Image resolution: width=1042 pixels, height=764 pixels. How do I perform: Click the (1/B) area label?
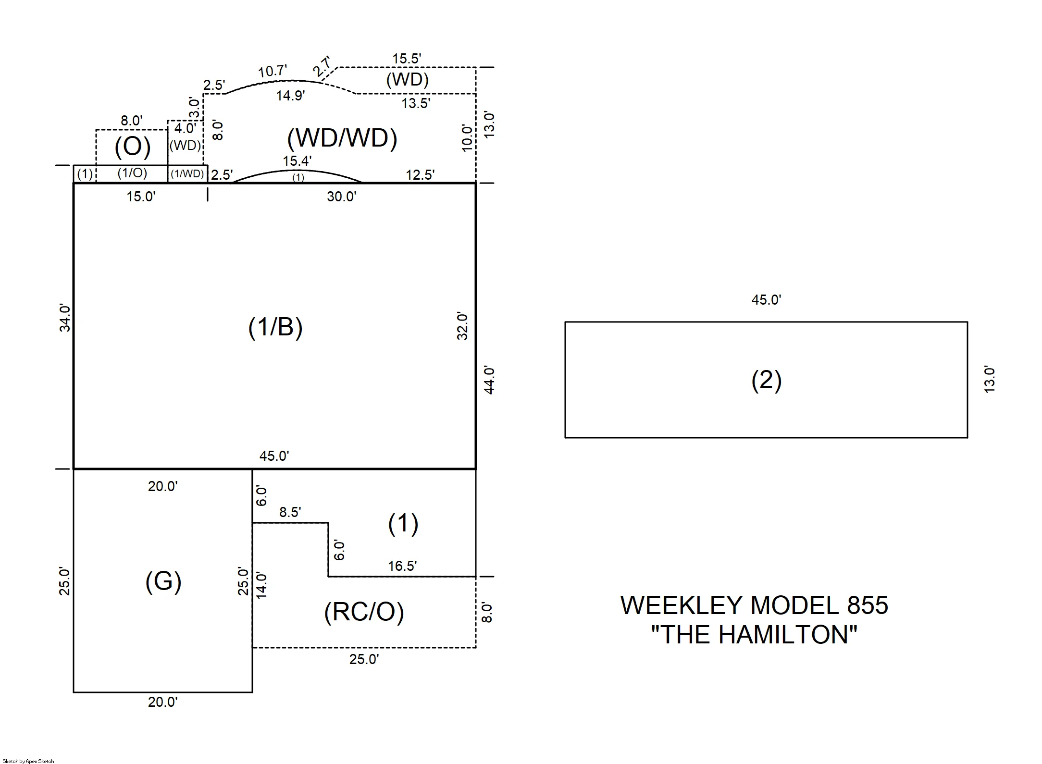click(x=275, y=327)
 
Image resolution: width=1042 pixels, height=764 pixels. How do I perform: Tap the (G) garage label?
click(x=163, y=581)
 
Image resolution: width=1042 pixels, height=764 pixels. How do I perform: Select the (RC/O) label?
click(x=364, y=612)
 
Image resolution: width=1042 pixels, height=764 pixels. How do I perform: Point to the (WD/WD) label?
click(x=342, y=138)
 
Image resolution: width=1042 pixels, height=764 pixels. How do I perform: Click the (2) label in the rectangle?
click(x=767, y=380)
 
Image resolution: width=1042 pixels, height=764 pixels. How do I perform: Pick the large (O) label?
click(x=133, y=147)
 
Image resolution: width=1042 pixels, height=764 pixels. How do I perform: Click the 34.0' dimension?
click(x=65, y=318)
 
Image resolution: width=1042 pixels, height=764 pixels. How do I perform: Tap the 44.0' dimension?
click(x=489, y=380)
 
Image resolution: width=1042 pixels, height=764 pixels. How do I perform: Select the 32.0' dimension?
click(x=462, y=326)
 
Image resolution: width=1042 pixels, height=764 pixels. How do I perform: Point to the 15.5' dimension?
click(x=407, y=59)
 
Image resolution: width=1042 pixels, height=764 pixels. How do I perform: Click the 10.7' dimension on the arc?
click(x=273, y=72)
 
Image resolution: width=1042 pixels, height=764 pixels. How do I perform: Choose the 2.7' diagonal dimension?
click(x=322, y=66)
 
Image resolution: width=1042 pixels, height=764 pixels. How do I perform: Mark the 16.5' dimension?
click(x=402, y=566)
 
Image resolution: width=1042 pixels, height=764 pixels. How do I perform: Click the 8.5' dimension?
click(x=290, y=512)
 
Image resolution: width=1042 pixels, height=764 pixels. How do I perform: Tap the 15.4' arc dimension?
click(x=297, y=161)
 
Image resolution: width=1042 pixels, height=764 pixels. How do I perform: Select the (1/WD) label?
click(x=187, y=173)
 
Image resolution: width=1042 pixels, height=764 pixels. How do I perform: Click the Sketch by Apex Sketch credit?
click(x=28, y=761)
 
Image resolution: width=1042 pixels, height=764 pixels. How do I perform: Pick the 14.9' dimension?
click(x=290, y=96)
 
